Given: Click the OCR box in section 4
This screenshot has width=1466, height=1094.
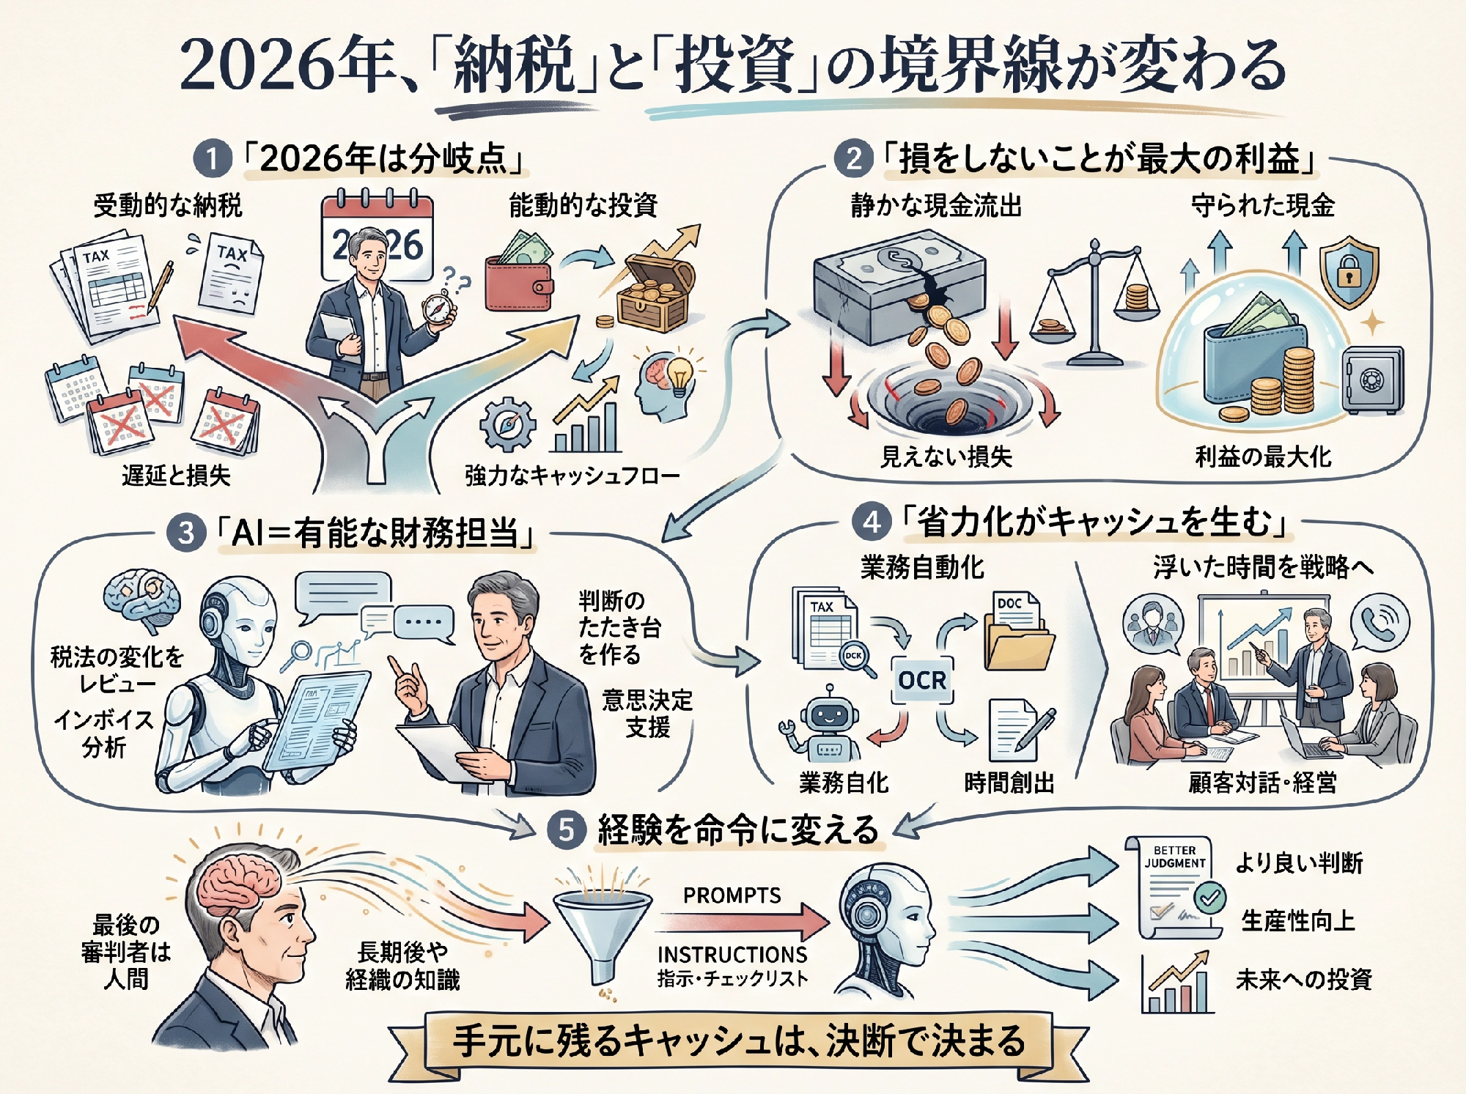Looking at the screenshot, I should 922,680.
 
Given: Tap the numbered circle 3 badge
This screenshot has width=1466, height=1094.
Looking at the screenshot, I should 185,533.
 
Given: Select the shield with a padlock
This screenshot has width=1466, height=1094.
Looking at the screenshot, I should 1349,271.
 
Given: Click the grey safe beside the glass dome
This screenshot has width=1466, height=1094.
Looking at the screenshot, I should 1372,380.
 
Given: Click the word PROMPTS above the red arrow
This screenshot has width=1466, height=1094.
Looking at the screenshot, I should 732,895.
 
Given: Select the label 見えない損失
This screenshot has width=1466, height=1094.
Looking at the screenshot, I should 946,457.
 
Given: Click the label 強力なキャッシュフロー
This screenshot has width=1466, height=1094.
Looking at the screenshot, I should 572,476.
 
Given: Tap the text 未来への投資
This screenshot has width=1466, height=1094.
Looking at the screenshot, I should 1303,980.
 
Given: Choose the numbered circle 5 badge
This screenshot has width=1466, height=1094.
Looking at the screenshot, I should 566,830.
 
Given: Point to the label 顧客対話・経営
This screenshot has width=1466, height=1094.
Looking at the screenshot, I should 1262,783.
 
